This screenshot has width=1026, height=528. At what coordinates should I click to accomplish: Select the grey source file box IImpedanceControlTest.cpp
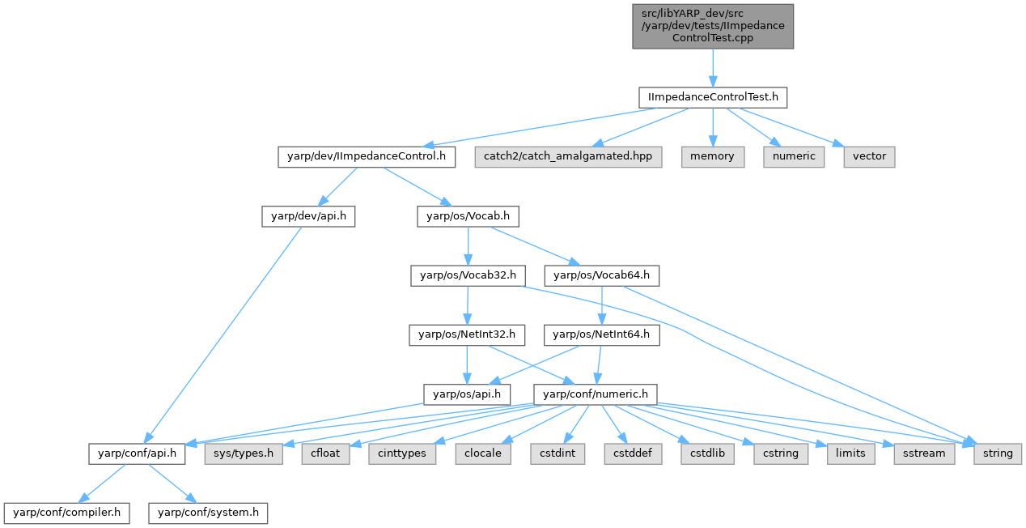[x=712, y=26]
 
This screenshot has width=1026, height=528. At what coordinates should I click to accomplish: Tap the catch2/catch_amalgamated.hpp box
[x=568, y=156]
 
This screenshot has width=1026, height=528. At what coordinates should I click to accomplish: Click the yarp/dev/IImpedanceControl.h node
[x=367, y=156]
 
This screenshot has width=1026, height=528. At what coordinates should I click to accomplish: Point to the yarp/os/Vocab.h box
[x=468, y=216]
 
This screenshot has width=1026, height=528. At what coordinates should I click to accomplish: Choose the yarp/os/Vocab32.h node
[x=464, y=275]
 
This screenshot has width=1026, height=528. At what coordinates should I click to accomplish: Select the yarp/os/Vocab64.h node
[x=601, y=275]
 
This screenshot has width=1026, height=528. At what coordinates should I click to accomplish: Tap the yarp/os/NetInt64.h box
[x=601, y=334]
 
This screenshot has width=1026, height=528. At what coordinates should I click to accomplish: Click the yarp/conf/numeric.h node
[x=596, y=394]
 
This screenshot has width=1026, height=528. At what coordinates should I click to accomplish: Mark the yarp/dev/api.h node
[x=307, y=216]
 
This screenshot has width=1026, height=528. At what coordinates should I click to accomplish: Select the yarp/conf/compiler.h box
[x=66, y=513]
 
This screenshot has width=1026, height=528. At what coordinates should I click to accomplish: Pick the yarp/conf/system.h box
[x=208, y=513]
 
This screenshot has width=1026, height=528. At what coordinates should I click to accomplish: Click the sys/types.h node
[x=244, y=453]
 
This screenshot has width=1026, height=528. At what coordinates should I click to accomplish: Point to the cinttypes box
[x=402, y=453]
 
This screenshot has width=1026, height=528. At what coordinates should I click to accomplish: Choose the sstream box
[x=923, y=453]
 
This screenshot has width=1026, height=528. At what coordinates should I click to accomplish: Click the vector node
[x=870, y=156]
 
